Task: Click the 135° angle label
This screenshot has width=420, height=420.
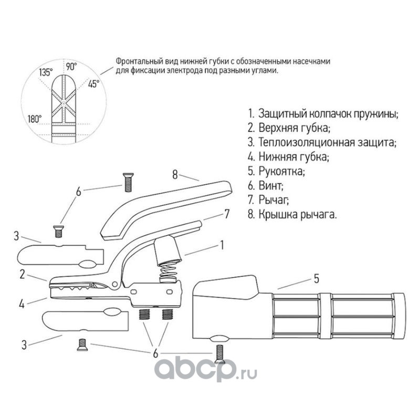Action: tap(46, 73)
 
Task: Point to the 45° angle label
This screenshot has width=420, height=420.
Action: tap(94, 83)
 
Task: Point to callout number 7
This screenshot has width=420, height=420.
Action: tap(227, 214)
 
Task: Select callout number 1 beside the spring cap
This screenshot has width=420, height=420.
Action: tap(222, 244)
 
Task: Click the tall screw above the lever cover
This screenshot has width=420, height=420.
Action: tap(127, 182)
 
